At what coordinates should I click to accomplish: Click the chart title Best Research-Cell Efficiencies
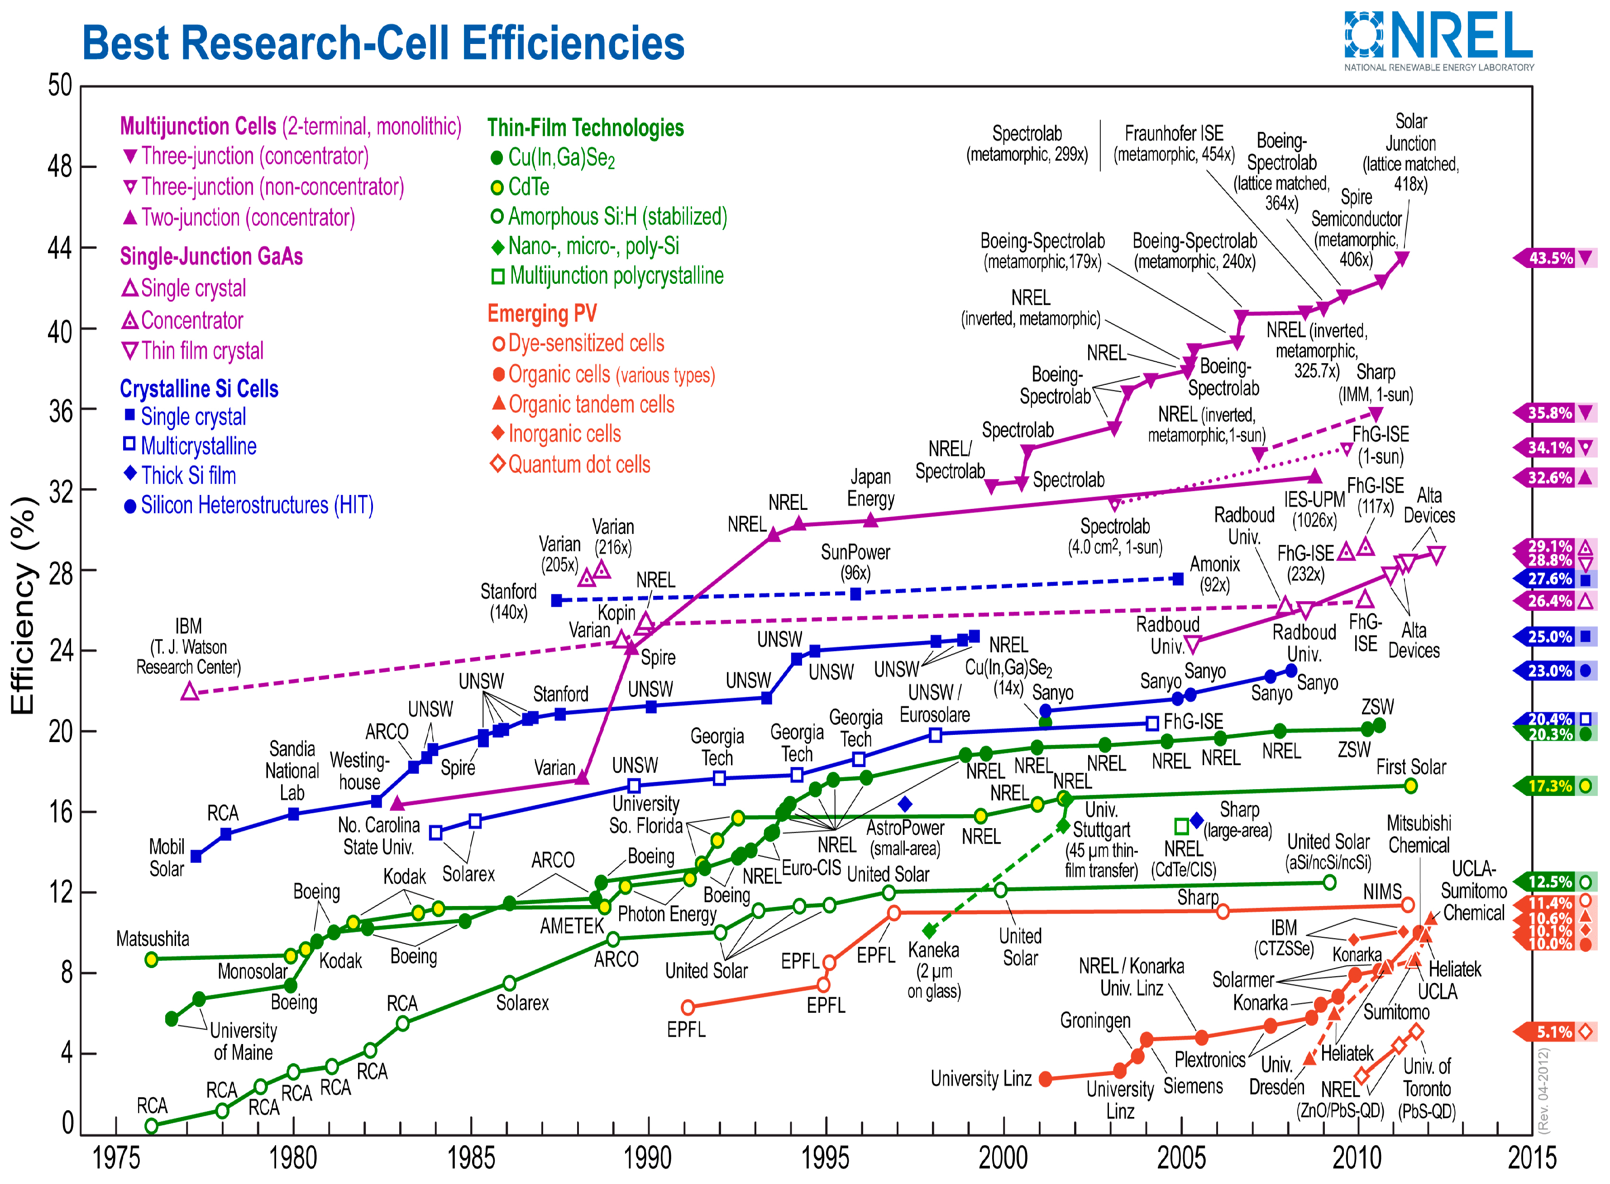(x=383, y=43)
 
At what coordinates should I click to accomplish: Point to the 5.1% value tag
(x=1553, y=1032)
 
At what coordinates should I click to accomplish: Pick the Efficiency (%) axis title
(x=23, y=606)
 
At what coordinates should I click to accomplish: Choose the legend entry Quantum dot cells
(x=579, y=465)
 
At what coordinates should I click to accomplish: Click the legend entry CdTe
(x=528, y=187)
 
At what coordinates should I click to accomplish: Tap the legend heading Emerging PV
(x=542, y=313)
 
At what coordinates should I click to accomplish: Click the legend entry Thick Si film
(x=188, y=475)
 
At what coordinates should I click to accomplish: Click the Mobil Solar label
(x=167, y=858)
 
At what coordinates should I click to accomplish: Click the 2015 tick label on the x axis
(x=1532, y=1157)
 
